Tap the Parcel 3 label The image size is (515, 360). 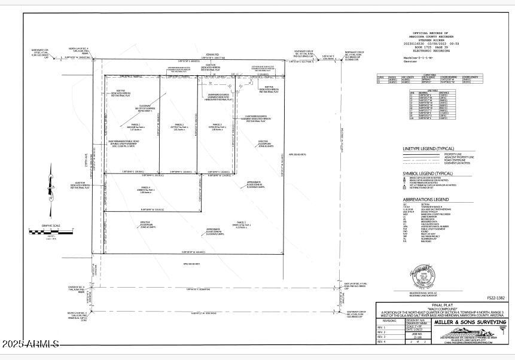click(216, 124)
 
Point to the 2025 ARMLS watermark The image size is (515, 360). click(30, 344)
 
